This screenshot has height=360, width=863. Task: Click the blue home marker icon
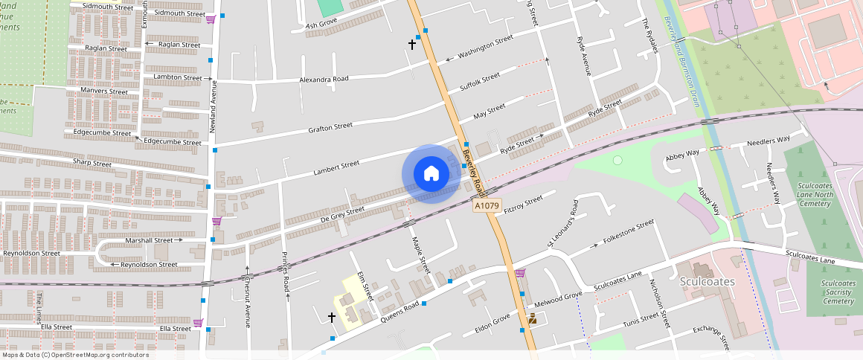[x=431, y=173]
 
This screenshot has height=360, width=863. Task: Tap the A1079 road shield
[x=487, y=205]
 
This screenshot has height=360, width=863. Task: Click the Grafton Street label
[x=330, y=127]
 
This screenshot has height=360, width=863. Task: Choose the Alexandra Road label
[x=324, y=79]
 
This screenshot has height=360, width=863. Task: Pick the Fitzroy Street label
[x=523, y=205]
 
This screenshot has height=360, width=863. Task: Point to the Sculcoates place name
[x=708, y=282]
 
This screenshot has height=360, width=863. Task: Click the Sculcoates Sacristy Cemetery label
[x=838, y=292]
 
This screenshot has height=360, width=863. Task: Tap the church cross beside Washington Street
[x=412, y=45]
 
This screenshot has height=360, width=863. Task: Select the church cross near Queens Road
[x=332, y=317]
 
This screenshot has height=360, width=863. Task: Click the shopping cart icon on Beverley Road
[x=520, y=273]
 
